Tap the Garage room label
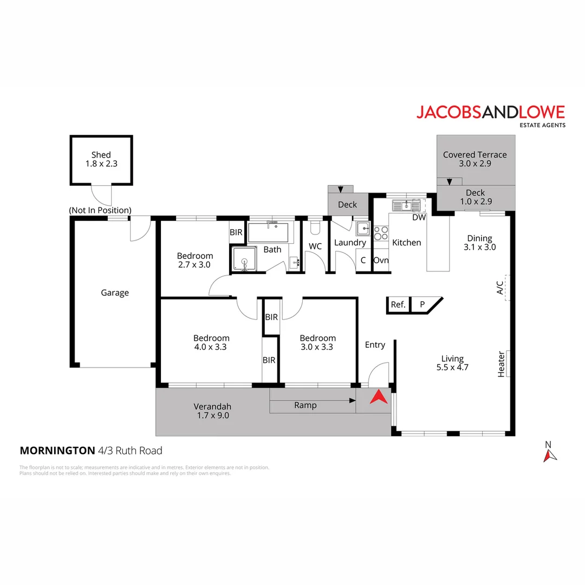[x=115, y=293]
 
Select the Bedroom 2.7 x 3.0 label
[x=195, y=261]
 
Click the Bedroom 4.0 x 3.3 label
[x=211, y=342]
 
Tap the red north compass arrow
[x=550, y=456]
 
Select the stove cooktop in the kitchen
[x=381, y=233]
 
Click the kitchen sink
[x=407, y=205]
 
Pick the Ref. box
[x=398, y=305]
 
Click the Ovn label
[x=381, y=260]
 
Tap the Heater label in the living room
[x=501, y=364]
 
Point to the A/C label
[x=500, y=288]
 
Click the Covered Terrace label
[x=474, y=159]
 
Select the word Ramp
[x=305, y=405]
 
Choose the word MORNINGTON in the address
[x=57, y=451]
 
